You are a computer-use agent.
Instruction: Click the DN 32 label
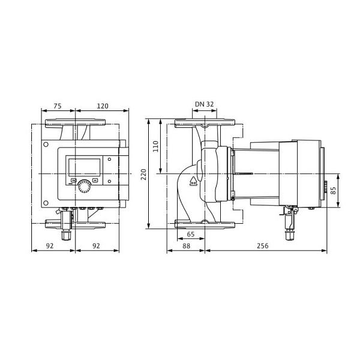pyautogui.click(x=204, y=104)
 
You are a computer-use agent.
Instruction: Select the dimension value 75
pyautogui.click(x=58, y=106)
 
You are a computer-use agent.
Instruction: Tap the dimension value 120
pyautogui.click(x=102, y=106)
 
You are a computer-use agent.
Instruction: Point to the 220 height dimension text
pyautogui.click(x=143, y=174)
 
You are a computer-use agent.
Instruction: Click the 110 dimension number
pyautogui.click(x=155, y=146)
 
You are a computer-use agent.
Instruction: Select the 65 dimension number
pyautogui.click(x=191, y=234)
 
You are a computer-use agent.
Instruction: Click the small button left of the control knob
pyautogui.click(x=73, y=180)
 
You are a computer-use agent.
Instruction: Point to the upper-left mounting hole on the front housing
pyautogui.click(x=46, y=145)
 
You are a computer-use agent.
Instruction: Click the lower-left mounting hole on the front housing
pyautogui.click(x=46, y=202)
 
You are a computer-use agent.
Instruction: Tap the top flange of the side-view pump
pyautogui.click(x=204, y=124)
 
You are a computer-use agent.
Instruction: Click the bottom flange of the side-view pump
pyautogui.click(x=204, y=224)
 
